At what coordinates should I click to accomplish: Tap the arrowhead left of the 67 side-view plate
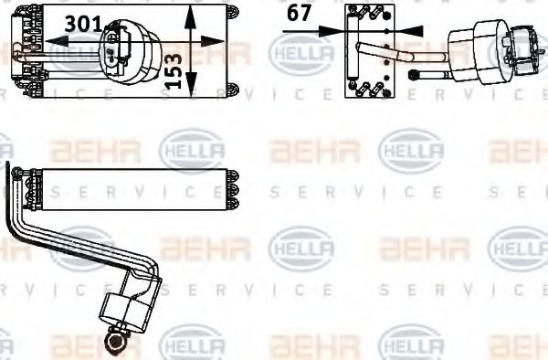click(x=336, y=30)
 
